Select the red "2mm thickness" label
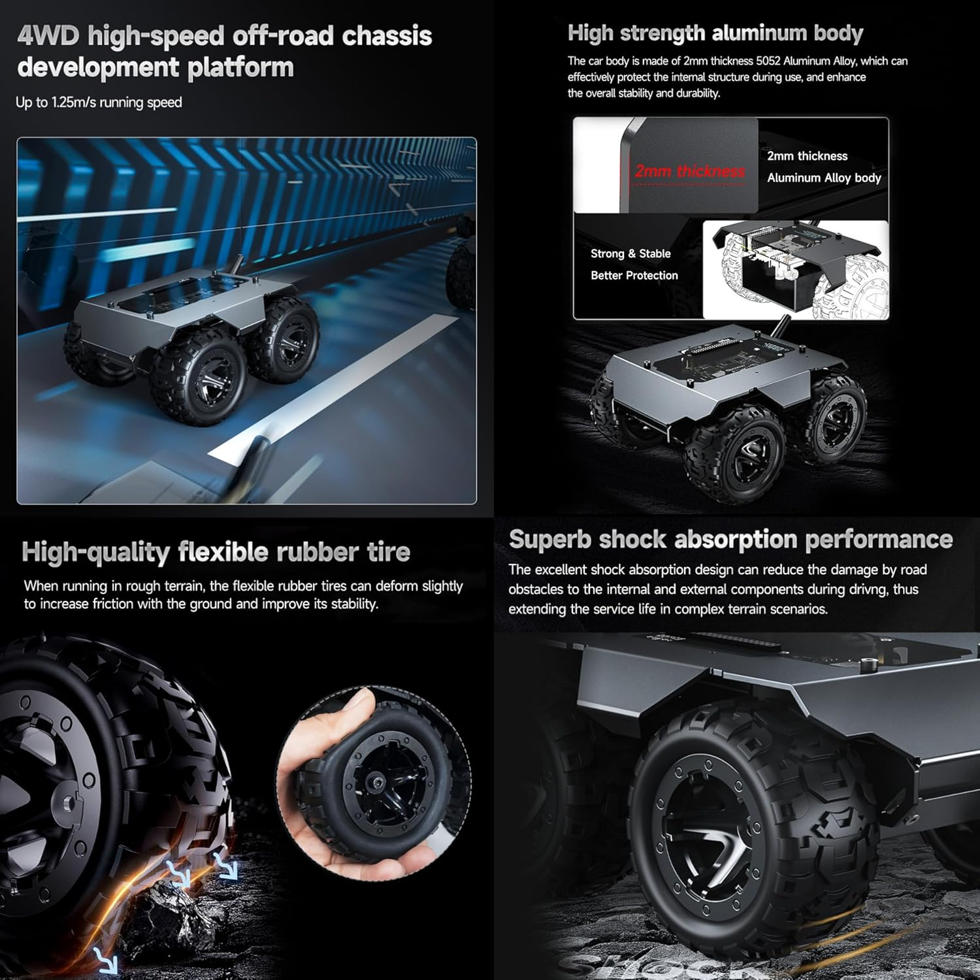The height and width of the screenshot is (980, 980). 689,171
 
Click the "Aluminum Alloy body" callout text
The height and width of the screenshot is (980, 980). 824,178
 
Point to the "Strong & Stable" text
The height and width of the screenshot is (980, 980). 630,253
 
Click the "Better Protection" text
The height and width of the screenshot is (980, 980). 634,276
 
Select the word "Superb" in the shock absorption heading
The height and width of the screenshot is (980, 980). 549,540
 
